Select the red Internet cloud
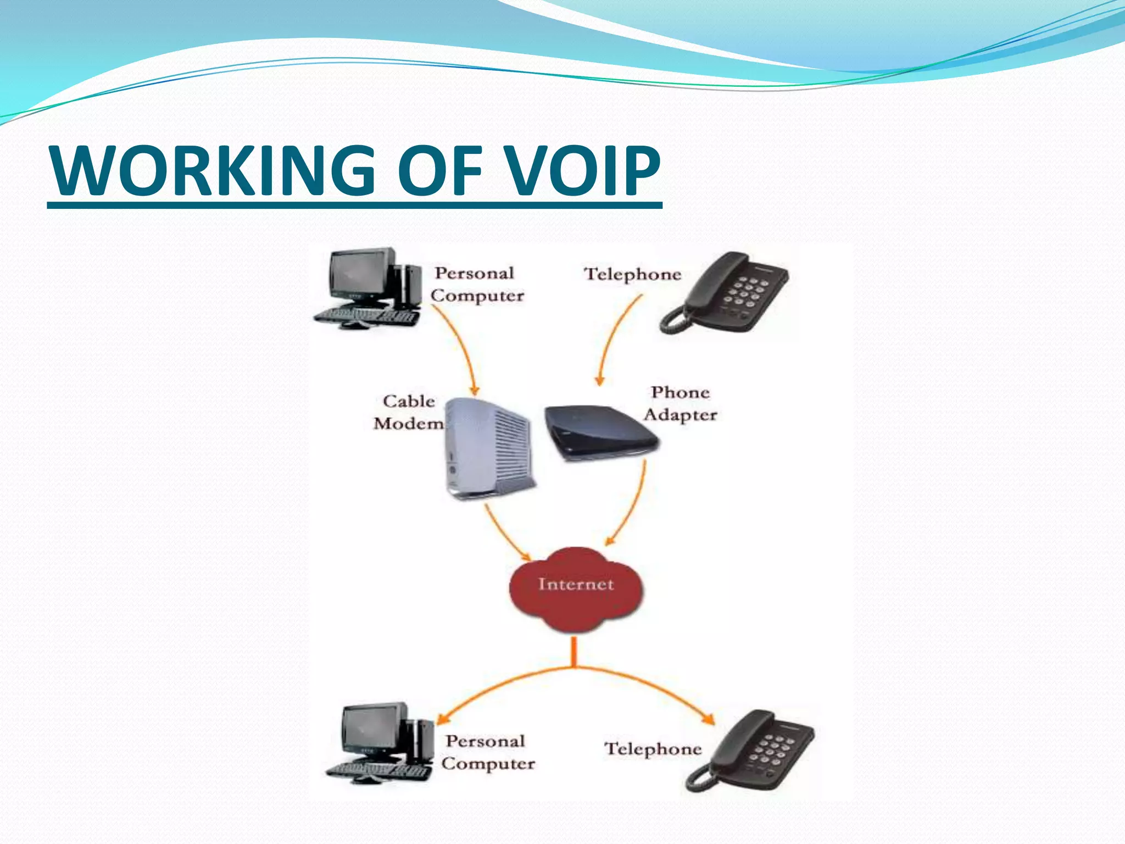point(576,588)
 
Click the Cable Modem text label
point(409,412)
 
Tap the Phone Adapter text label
point(680,404)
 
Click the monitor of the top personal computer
point(360,274)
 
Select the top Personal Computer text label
point(476,285)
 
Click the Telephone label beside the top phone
point(632,274)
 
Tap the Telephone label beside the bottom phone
point(653,749)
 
